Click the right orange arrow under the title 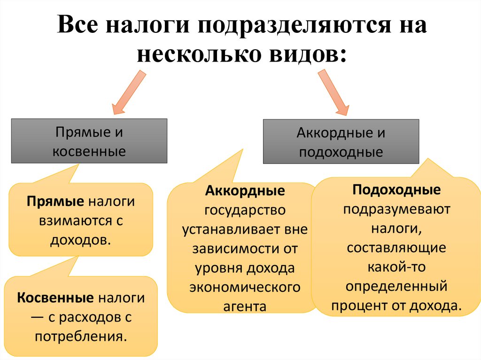pyautogui.click(x=334, y=92)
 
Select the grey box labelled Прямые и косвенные pyautogui.click(x=89, y=141)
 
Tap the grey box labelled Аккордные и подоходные pyautogui.click(x=341, y=141)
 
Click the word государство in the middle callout pyautogui.click(x=244, y=210)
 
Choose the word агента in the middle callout pyautogui.click(x=245, y=306)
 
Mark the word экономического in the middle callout pyautogui.click(x=244, y=287)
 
